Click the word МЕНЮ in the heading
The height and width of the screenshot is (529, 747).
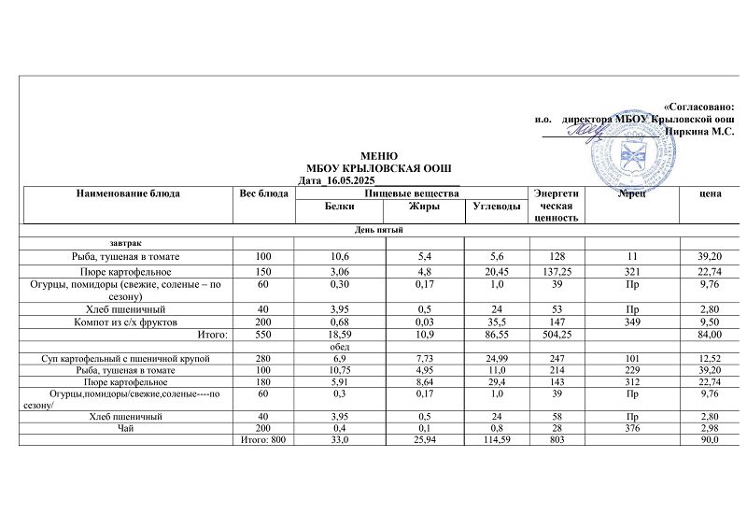(379, 155)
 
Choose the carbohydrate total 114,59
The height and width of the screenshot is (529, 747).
(494, 440)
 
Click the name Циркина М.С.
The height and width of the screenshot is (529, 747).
(698, 133)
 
